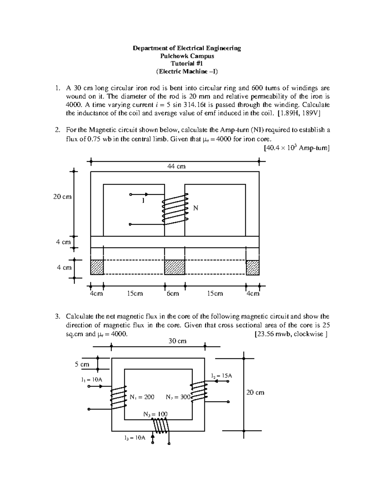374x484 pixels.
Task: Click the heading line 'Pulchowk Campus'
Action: coord(187,56)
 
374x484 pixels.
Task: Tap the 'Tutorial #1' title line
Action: coord(187,64)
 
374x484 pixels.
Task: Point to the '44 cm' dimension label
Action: coord(176,166)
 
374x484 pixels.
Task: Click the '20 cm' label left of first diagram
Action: coord(62,197)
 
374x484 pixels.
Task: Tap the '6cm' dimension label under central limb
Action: coord(173,294)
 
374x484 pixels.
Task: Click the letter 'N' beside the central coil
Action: coord(195,208)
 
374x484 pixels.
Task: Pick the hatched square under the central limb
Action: coord(175,267)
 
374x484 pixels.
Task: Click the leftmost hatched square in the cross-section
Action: coord(97,267)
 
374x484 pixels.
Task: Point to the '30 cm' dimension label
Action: coord(177,341)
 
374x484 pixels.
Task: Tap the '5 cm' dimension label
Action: coord(82,364)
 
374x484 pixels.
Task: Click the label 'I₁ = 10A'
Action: coord(92,380)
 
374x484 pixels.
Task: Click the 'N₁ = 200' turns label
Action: coord(142,397)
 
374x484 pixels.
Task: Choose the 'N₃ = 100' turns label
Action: coord(155,414)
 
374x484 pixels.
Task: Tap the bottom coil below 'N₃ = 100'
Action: coord(161,426)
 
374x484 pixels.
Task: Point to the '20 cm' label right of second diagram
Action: coord(255,392)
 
